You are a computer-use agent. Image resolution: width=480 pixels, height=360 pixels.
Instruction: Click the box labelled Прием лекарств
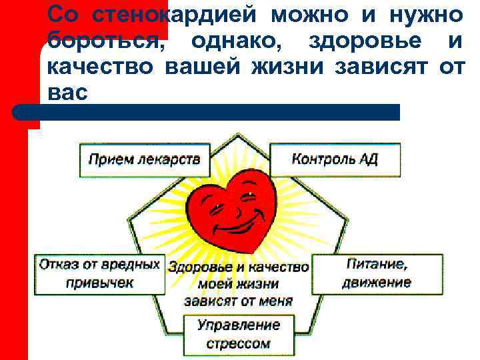point(144,159)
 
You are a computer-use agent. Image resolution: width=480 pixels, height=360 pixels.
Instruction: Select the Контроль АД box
point(335,159)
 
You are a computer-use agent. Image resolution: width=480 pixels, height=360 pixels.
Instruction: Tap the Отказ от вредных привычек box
point(99,273)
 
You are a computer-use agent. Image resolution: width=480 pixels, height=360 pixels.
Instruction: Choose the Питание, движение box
point(377,273)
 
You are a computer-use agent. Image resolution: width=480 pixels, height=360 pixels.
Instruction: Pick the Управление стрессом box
point(238,334)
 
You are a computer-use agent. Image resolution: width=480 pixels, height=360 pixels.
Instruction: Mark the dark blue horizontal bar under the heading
point(213,111)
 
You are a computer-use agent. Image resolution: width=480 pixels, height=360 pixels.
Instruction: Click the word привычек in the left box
point(99,282)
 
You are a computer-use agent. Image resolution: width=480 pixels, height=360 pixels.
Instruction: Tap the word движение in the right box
point(377,282)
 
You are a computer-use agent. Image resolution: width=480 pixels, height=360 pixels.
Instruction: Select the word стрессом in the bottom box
point(238,343)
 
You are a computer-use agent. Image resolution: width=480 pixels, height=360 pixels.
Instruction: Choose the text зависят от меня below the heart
point(239,301)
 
